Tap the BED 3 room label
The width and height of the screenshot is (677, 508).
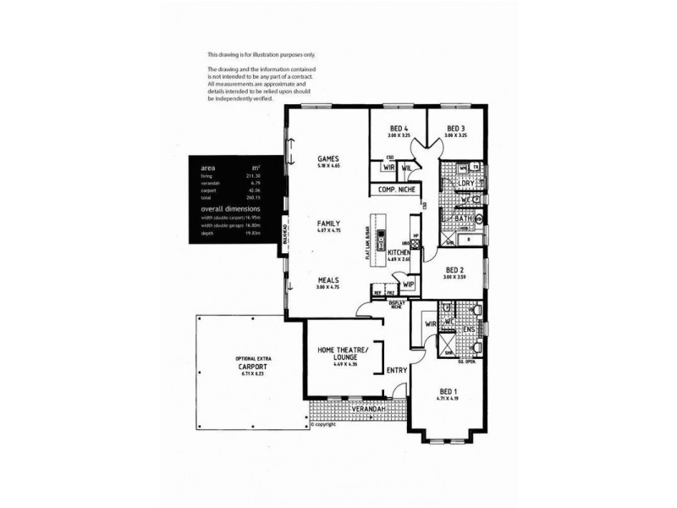coord(455,129)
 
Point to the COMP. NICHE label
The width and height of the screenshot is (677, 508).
coord(394,190)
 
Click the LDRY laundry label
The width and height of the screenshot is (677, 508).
coord(465,183)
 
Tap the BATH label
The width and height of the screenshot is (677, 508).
coord(462,218)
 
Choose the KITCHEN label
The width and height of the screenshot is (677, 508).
coord(399,253)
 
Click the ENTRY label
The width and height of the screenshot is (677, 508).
coord(396,370)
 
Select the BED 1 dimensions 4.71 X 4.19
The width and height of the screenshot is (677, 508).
coord(449,399)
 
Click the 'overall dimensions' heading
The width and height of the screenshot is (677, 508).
coord(231,208)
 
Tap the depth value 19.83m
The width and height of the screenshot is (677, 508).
coord(252,233)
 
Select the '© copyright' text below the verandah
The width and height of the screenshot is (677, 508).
coord(322,424)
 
